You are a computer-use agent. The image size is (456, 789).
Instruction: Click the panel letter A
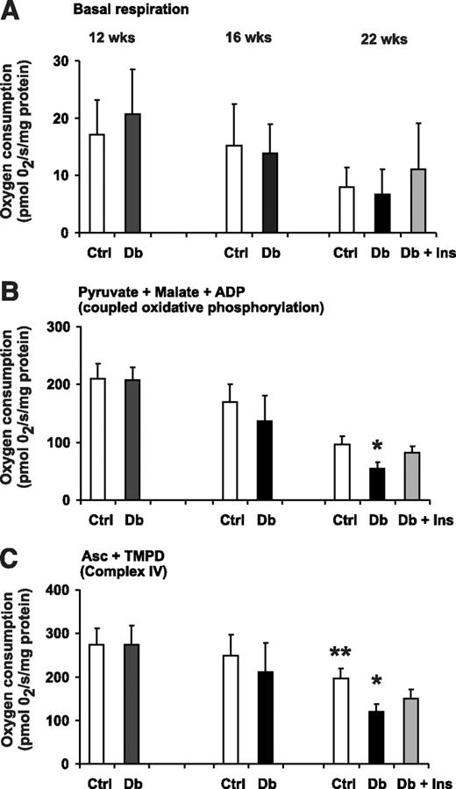[11, 11]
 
